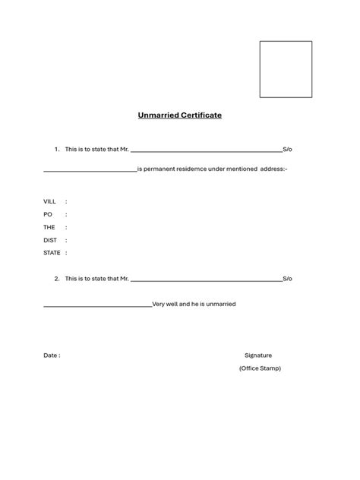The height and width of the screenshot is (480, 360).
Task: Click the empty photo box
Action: click(x=286, y=69)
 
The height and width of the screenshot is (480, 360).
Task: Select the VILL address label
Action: click(x=50, y=201)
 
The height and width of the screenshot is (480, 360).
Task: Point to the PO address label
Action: click(x=48, y=214)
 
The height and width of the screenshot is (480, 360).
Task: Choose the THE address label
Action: click(x=49, y=227)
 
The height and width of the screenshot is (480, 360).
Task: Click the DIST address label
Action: click(x=50, y=240)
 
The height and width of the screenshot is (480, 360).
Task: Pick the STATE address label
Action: click(x=52, y=253)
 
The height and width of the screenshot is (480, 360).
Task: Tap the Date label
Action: click(x=51, y=355)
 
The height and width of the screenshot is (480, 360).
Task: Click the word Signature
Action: click(x=258, y=355)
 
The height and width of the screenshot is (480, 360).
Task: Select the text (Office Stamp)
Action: click(x=260, y=368)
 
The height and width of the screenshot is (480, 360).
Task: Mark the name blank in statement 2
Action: click(x=206, y=280)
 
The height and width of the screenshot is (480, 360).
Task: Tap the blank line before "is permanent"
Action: click(x=90, y=170)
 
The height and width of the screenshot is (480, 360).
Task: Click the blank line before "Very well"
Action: click(x=97, y=306)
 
